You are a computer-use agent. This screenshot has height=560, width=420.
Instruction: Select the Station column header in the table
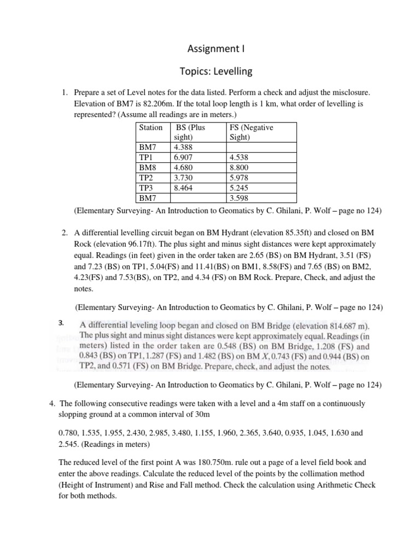[x=150, y=127]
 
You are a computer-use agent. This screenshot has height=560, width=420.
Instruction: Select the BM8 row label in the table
[x=147, y=168]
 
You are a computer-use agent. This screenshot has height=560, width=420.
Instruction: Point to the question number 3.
[x=62, y=323]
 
